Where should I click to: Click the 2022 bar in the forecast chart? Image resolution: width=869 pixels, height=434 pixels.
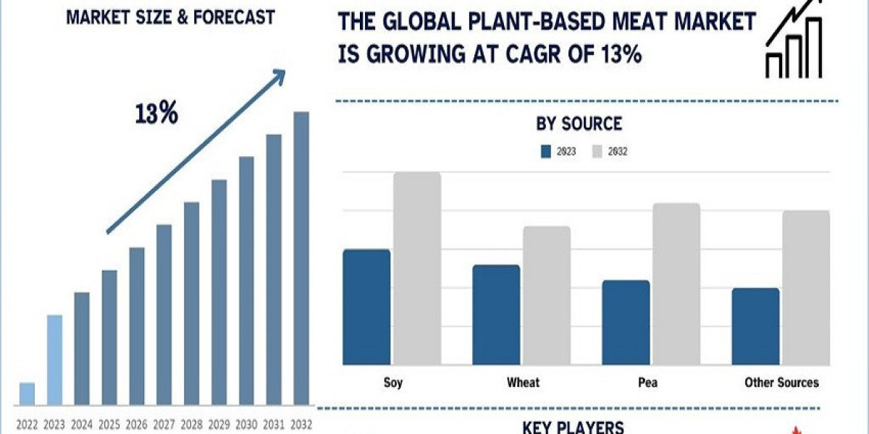(x=27, y=393)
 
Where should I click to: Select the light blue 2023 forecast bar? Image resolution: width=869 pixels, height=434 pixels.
(x=54, y=359)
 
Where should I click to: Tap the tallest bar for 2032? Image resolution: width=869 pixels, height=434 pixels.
(x=301, y=258)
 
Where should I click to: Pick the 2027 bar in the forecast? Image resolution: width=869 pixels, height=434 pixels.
(x=164, y=314)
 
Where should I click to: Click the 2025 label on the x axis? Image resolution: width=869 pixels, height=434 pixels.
(x=109, y=425)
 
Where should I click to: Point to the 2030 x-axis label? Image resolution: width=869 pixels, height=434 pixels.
(x=246, y=425)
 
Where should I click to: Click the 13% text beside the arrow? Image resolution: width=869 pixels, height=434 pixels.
(x=156, y=114)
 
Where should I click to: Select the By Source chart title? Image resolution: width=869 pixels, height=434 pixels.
(x=579, y=124)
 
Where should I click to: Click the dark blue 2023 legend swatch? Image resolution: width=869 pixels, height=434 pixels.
(x=547, y=152)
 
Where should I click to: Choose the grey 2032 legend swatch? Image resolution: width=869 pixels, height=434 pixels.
(x=597, y=152)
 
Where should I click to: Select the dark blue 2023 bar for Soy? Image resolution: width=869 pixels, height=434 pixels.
(x=366, y=307)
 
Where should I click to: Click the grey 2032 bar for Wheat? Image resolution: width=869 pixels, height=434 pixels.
(x=547, y=295)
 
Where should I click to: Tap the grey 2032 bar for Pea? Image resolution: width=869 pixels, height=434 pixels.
(x=676, y=284)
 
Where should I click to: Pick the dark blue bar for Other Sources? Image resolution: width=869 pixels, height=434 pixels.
(x=755, y=325)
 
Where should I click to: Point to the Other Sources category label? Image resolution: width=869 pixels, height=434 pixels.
(x=781, y=382)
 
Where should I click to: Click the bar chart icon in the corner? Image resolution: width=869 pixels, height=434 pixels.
(x=793, y=41)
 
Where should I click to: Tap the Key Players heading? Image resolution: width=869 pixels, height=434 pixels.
(x=573, y=427)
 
